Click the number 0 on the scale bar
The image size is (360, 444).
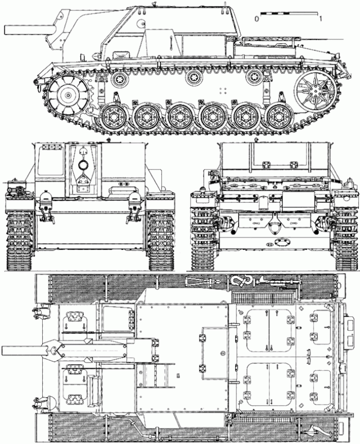256,19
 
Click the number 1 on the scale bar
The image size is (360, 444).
320,19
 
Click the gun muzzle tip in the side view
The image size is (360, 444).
4,29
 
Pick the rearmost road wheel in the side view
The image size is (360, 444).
277,116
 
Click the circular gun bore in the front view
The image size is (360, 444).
83,165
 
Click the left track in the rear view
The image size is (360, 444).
202,236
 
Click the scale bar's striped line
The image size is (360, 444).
289,11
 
